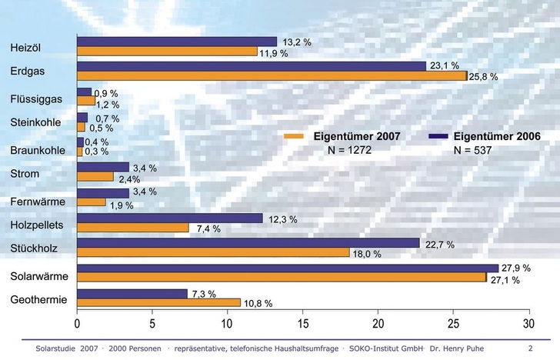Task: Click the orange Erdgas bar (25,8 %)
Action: (x=272, y=76)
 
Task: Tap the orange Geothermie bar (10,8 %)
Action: (x=158, y=302)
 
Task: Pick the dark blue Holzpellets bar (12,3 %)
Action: (x=170, y=218)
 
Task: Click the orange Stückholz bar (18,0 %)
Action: (x=213, y=252)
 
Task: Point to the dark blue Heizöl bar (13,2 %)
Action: (x=177, y=42)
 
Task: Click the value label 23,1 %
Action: (x=445, y=66)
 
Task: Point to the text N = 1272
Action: (x=350, y=150)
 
